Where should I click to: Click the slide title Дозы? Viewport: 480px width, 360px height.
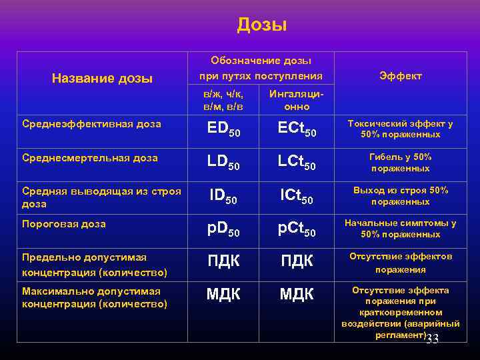pyautogui.click(x=261, y=25)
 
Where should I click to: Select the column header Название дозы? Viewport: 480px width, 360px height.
pyautogui.click(x=102, y=79)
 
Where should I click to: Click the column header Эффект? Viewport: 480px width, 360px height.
pyautogui.click(x=400, y=77)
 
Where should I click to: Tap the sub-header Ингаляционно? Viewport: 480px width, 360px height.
pyautogui.click(x=297, y=101)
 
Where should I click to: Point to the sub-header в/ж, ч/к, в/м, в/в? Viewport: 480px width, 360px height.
pyautogui.click(x=223, y=101)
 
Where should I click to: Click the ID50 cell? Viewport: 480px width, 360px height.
pyautogui.click(x=223, y=196)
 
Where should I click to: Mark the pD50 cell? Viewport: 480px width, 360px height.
pyautogui.click(x=223, y=229)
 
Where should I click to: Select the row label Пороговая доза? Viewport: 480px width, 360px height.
pyautogui.click(x=63, y=225)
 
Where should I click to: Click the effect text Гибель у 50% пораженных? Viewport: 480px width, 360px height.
pyautogui.click(x=400, y=163)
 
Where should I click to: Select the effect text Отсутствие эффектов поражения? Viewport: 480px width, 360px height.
pyautogui.click(x=401, y=263)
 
